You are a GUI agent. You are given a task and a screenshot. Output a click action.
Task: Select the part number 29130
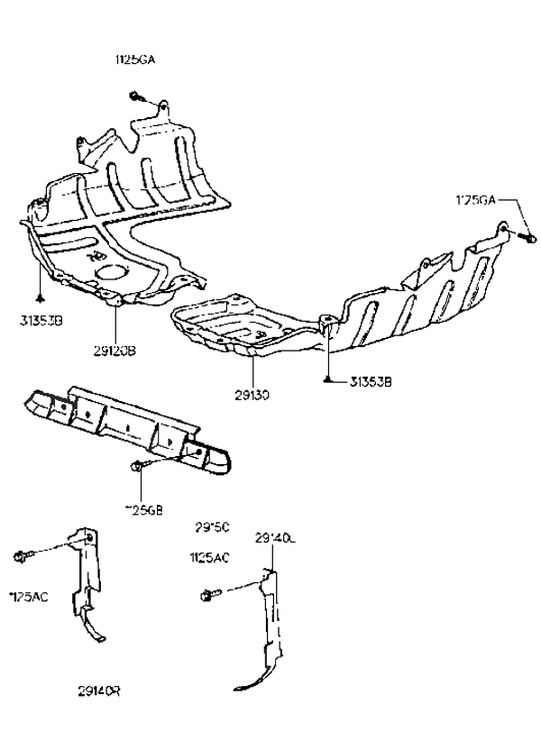(x=253, y=394)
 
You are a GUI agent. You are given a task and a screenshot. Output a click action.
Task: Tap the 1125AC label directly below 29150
(x=208, y=558)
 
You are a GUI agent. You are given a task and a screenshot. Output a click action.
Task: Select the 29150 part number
(x=213, y=526)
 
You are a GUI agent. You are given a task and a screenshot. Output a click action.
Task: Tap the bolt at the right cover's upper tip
(x=526, y=236)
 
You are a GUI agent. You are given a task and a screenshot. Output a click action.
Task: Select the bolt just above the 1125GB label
(x=137, y=466)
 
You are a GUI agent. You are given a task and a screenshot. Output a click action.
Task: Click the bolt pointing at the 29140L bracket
(x=208, y=595)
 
